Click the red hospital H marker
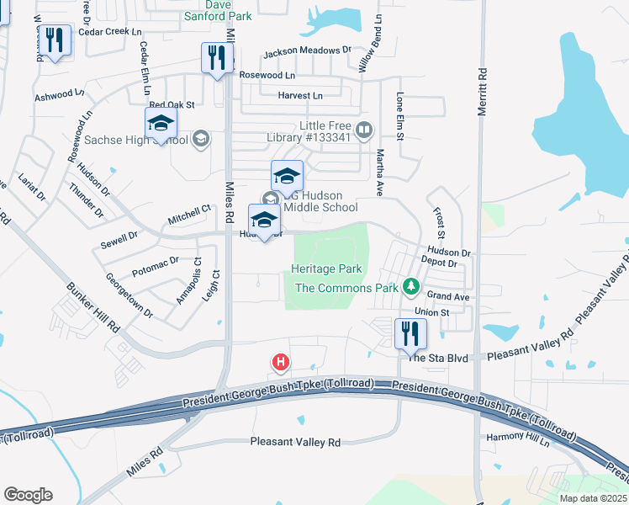(281, 363)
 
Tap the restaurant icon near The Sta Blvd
(410, 332)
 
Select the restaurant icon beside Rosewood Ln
(218, 58)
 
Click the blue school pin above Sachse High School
(160, 125)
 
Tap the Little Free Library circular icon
(364, 130)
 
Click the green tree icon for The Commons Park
(410, 288)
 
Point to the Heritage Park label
(326, 268)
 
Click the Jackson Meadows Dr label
(306, 51)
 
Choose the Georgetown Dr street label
(129, 295)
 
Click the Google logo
(28, 495)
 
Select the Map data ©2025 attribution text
(592, 498)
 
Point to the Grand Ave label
(447, 296)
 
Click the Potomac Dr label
(156, 268)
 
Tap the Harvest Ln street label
(300, 96)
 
